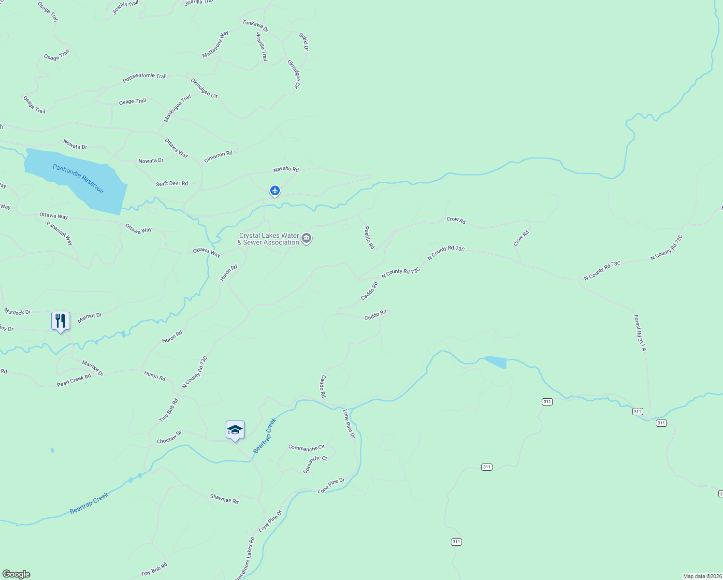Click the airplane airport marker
click(275, 191)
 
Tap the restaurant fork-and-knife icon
click(60, 320)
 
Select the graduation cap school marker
click(235, 430)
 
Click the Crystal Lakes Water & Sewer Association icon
click(306, 238)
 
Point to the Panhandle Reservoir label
click(78, 179)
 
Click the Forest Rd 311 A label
click(640, 333)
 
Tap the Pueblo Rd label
click(369, 237)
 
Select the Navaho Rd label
click(286, 169)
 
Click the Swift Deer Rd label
click(172, 184)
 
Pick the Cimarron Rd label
click(218, 157)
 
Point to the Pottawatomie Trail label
click(145, 77)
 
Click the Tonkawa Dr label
click(255, 26)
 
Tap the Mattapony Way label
click(215, 44)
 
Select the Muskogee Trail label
click(177, 108)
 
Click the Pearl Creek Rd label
click(74, 380)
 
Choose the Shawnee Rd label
click(224, 499)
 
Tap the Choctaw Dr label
click(169, 437)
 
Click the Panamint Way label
click(60, 233)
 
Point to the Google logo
click(16, 574)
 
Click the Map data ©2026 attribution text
click(702, 576)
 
